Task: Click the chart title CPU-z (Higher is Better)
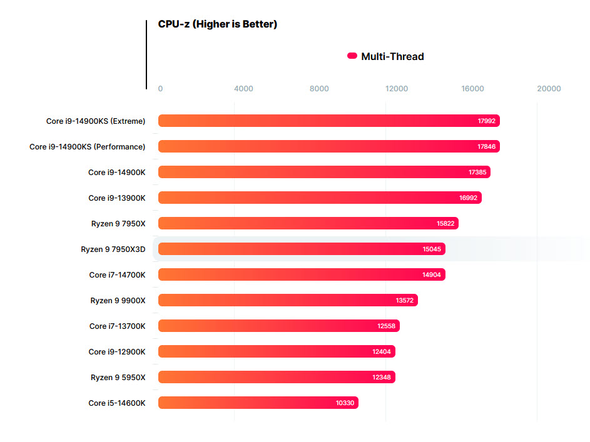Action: [x=217, y=24]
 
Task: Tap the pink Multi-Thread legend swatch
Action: [x=352, y=56]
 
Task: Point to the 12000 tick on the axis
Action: [x=397, y=89]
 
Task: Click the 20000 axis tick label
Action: [x=549, y=89]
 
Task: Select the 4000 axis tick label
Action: [x=243, y=89]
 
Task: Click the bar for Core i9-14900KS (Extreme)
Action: [x=328, y=121]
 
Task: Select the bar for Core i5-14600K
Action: [x=258, y=403]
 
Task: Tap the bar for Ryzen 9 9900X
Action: [x=288, y=300]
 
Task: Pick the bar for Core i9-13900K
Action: [x=320, y=198]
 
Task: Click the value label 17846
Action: [x=486, y=147]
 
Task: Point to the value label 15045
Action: [x=432, y=249]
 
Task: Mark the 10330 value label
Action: [x=345, y=403]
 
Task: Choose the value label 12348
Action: [x=382, y=378]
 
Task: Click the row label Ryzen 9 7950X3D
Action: [x=113, y=249]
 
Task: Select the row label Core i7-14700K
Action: [x=117, y=275]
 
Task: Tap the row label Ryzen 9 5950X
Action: [x=118, y=378]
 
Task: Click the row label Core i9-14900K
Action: [x=116, y=172]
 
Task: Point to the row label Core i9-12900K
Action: [x=116, y=352]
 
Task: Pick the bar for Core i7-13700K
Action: [x=278, y=326]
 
